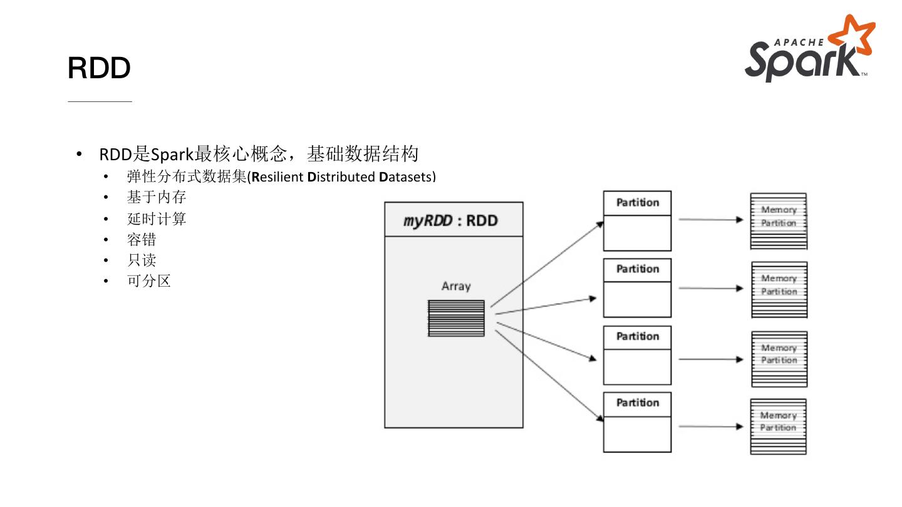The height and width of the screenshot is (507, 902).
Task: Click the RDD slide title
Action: pos(99,68)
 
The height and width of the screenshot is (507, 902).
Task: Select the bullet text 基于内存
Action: pos(157,198)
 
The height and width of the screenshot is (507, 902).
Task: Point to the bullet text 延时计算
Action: pos(157,219)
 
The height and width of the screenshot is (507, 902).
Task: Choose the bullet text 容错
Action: pos(142,240)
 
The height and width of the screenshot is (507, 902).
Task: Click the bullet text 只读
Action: pos(142,260)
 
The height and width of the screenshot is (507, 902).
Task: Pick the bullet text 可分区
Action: pos(149,281)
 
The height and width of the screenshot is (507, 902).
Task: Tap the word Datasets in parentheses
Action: pos(405,177)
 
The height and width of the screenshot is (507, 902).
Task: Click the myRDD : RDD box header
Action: pos(454,220)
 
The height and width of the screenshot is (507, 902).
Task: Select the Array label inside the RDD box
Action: pos(455,286)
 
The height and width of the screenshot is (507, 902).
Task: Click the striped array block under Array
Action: pos(456,318)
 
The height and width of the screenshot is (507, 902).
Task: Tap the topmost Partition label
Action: pos(637,203)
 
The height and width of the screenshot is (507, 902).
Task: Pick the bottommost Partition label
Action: pos(637,403)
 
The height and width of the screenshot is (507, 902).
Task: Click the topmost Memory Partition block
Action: pos(779,221)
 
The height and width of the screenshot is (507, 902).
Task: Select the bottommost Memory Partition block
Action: pos(778,426)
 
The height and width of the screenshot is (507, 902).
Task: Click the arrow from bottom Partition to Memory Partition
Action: pos(711,427)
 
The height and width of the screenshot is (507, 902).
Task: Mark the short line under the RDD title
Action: pos(100,101)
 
